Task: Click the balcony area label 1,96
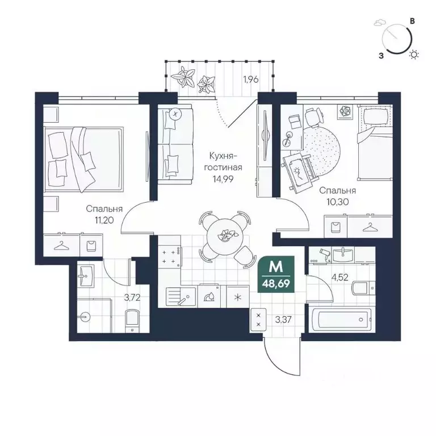(x=251, y=79)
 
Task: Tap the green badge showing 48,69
(x=276, y=274)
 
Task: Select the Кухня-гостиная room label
(x=223, y=162)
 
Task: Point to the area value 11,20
(x=104, y=221)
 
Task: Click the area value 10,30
(x=338, y=202)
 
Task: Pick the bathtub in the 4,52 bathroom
(x=342, y=320)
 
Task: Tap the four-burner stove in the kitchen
(x=170, y=257)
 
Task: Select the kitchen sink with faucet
(x=181, y=297)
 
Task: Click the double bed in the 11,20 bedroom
(x=83, y=160)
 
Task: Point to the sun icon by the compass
(x=414, y=54)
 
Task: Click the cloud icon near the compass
(x=378, y=22)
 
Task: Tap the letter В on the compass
(x=413, y=21)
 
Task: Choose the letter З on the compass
(x=381, y=56)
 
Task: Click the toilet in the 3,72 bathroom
(x=132, y=321)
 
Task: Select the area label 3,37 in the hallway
(x=283, y=320)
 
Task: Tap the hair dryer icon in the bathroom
(x=325, y=254)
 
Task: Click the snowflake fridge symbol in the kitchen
(x=238, y=297)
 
